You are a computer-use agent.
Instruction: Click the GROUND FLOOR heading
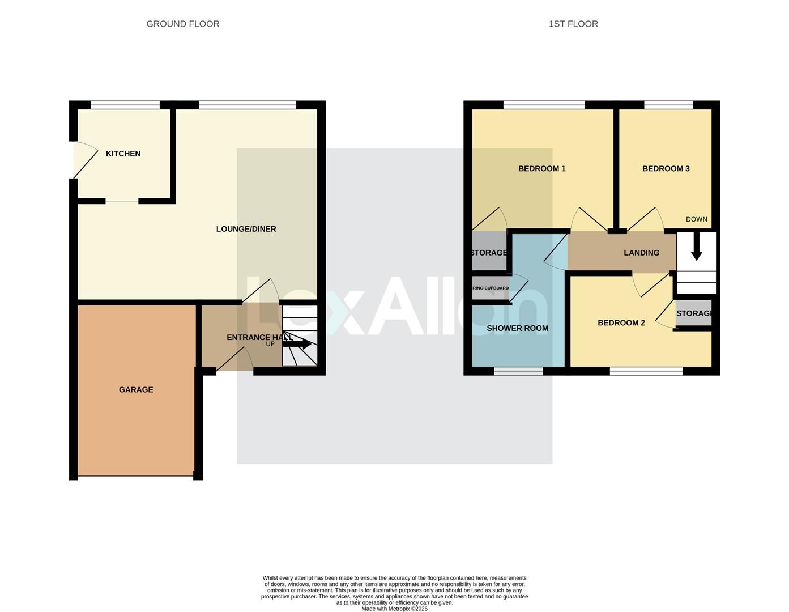[x=182, y=24]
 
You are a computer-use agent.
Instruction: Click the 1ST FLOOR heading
[x=573, y=24]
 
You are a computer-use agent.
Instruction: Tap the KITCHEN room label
[x=123, y=154]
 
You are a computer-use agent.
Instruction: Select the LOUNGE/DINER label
[x=246, y=229]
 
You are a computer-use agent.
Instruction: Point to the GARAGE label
[x=136, y=390]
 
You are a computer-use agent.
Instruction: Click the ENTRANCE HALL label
[x=259, y=337]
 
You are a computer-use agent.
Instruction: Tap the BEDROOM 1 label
[x=541, y=168]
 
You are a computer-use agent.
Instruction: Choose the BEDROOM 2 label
[x=621, y=323]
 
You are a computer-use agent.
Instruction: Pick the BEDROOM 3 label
[x=666, y=168]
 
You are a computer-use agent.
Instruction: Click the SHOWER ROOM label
[x=517, y=328]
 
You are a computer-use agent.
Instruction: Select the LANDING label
[x=641, y=253]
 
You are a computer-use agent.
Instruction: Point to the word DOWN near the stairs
[x=696, y=219]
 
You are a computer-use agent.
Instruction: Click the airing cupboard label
[x=491, y=288]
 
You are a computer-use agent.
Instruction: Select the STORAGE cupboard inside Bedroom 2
[x=693, y=313]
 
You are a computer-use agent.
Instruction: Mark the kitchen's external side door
[x=74, y=160]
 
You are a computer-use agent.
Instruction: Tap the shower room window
[x=518, y=371]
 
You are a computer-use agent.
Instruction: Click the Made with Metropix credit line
[x=394, y=609]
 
